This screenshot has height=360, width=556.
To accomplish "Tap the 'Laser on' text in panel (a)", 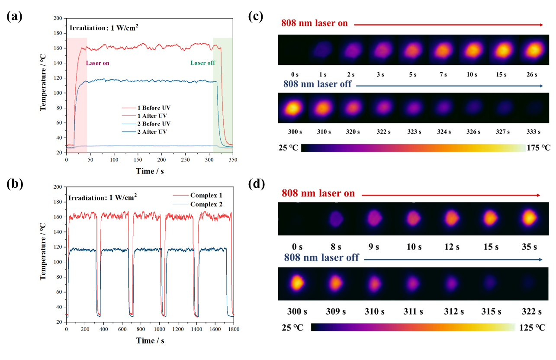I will pos(97,63).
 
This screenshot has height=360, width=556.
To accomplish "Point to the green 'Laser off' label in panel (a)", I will pos(202,63).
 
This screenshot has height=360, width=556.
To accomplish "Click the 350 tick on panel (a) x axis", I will pos(233,160).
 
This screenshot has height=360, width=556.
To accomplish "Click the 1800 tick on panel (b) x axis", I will pos(233,330).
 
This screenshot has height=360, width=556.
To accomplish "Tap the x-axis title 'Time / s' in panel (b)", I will pos(150,341).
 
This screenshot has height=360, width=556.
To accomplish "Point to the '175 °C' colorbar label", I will pos(538,148).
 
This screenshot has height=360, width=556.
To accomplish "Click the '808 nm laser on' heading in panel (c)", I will pos(315,23).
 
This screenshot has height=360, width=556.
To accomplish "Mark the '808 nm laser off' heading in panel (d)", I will pos(321,258).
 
